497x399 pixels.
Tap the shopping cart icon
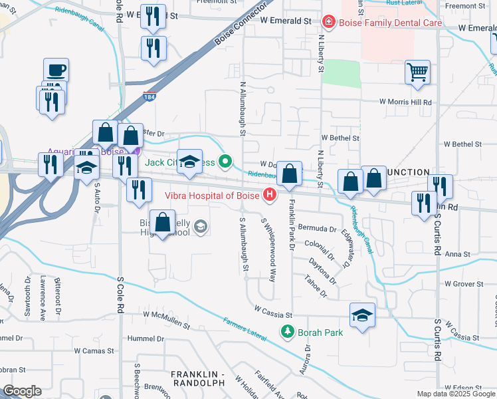pyautogui.click(x=417, y=72)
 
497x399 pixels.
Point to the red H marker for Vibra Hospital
pyautogui.click(x=270, y=194)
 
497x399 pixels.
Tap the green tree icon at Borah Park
pyautogui.click(x=287, y=331)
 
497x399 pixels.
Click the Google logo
pyautogui.click(x=23, y=391)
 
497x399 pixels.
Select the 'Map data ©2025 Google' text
pyautogui.click(x=456, y=394)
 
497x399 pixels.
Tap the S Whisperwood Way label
pyautogui.click(x=270, y=249)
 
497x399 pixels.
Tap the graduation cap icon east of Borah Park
pyautogui.click(x=362, y=315)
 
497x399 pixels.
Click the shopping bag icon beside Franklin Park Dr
pyautogui.click(x=289, y=175)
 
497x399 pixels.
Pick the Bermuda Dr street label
pyautogui.click(x=317, y=229)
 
